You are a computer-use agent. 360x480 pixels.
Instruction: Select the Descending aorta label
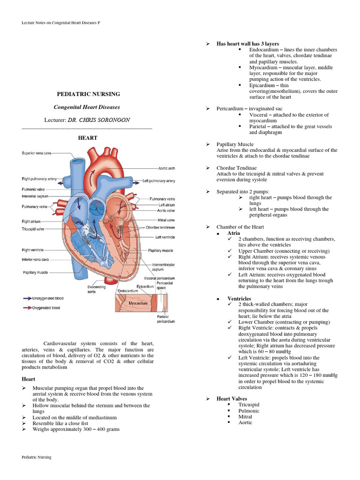coord(96,290)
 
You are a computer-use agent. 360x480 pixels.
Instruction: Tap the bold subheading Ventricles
coord(239,299)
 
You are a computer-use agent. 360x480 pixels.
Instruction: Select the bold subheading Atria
coord(233,233)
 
